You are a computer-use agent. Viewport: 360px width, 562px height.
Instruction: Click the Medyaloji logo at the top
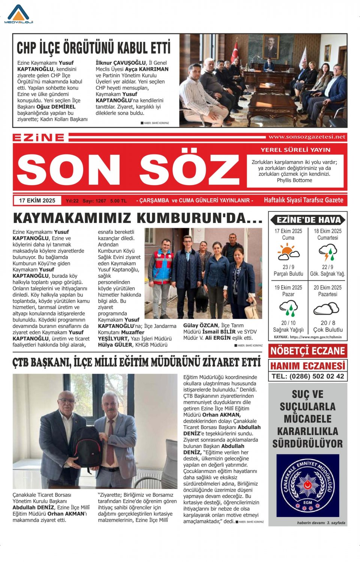[18, 15]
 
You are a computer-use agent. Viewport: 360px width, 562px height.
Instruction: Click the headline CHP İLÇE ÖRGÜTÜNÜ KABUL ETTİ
[93, 48]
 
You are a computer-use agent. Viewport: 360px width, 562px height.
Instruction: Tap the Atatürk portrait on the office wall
[271, 47]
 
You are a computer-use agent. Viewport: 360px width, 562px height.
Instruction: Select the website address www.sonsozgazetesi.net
[307, 137]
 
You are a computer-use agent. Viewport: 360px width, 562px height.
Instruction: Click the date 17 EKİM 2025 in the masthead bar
[37, 200]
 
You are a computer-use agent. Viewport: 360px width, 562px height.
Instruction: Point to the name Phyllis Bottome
[294, 180]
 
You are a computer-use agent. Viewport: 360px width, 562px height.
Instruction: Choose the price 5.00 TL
[118, 201]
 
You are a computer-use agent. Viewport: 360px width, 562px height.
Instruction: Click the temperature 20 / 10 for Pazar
[288, 323]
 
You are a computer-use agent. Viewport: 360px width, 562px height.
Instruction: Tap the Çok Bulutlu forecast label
[328, 330]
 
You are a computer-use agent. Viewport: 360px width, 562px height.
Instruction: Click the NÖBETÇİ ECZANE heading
[307, 351]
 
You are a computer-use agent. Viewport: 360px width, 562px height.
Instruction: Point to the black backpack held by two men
[86, 446]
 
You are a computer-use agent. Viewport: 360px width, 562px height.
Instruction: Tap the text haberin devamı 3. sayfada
[321, 523]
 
